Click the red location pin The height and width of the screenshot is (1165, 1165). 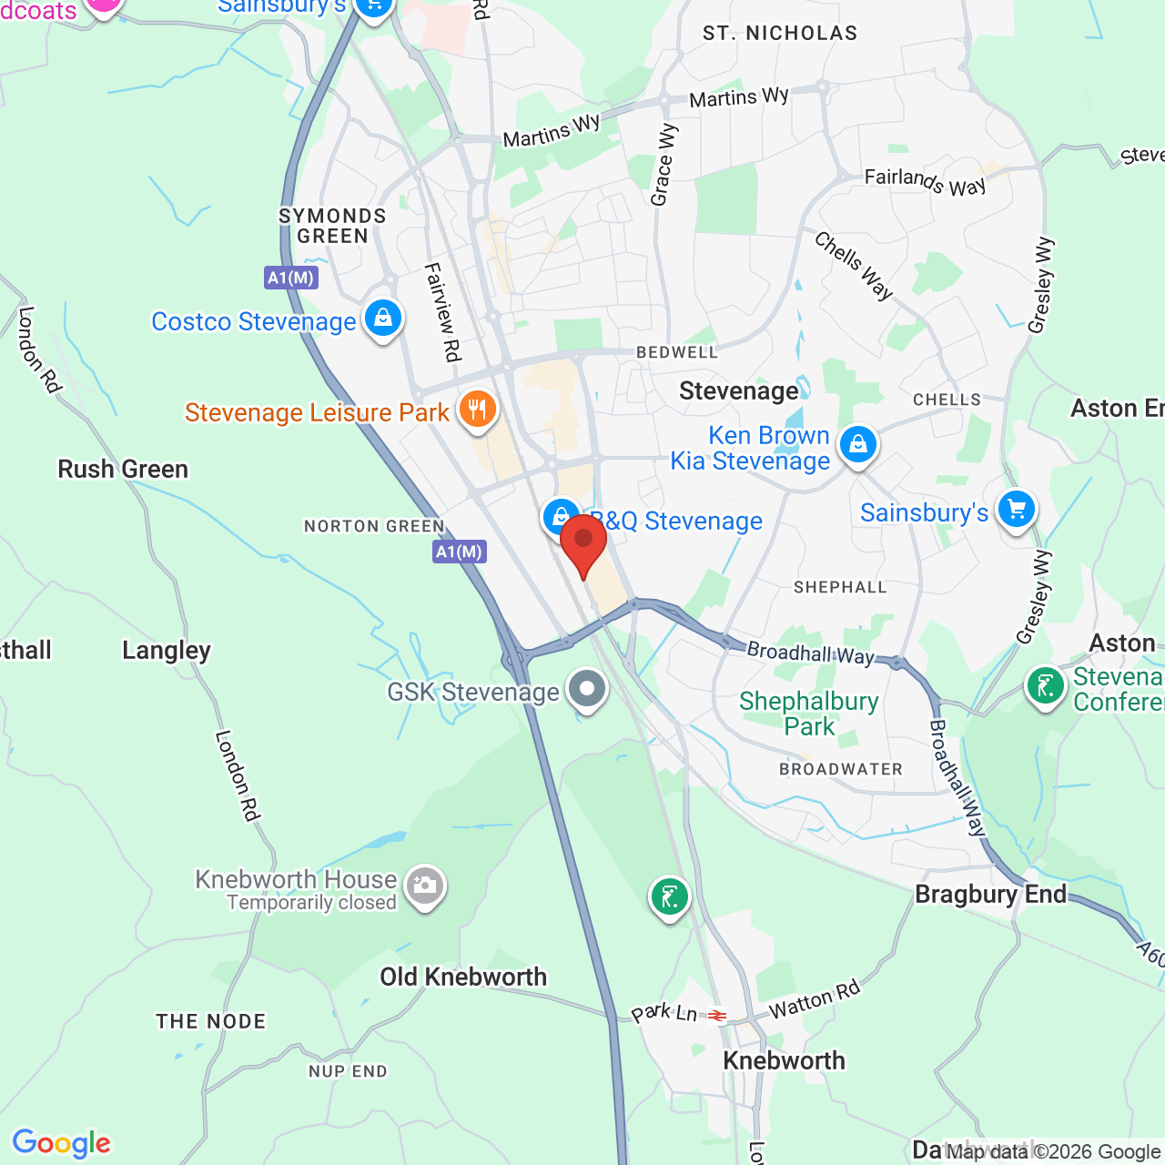pyautogui.click(x=583, y=542)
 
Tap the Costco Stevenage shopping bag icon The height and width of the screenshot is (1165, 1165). pyautogui.click(x=383, y=319)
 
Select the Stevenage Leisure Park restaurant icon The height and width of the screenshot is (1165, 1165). pyautogui.click(x=477, y=409)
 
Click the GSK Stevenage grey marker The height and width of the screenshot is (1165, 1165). pyautogui.click(x=587, y=689)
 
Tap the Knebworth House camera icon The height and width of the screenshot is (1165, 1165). pyautogui.click(x=424, y=885)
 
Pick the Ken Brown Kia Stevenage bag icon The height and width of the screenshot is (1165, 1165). pyautogui.click(x=857, y=445)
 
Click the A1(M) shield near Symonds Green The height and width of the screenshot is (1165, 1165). pyautogui.click(x=291, y=278)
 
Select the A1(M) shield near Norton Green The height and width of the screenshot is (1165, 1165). pyautogui.click(x=460, y=552)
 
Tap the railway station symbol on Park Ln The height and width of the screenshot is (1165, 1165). pyautogui.click(x=718, y=1016)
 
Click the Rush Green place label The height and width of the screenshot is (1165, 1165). pyautogui.click(x=123, y=469)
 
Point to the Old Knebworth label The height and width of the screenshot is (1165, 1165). pyautogui.click(x=463, y=977)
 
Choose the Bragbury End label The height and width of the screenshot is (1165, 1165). pyautogui.click(x=990, y=894)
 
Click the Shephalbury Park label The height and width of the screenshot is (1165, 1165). pyautogui.click(x=809, y=714)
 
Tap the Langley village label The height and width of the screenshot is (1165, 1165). pyautogui.click(x=167, y=650)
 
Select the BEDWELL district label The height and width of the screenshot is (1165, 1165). pyautogui.click(x=677, y=352)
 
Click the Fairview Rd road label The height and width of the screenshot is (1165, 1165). pyautogui.click(x=443, y=312)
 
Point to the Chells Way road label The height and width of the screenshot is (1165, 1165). pyautogui.click(x=854, y=266)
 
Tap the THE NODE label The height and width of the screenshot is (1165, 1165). pyautogui.click(x=211, y=1021)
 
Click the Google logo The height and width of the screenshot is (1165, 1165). pyautogui.click(x=62, y=1143)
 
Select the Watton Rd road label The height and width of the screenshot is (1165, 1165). pyautogui.click(x=814, y=1000)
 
